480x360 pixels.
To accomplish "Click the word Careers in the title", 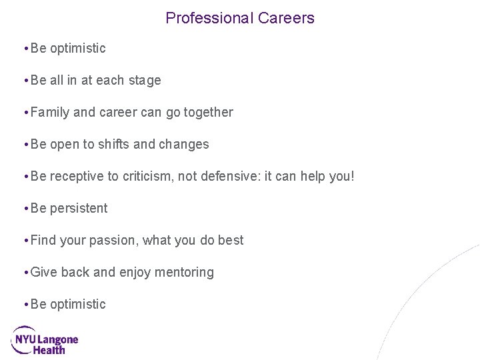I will (285, 18).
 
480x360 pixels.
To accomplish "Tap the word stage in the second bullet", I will (145, 81).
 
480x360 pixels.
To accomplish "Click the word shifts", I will (114, 144).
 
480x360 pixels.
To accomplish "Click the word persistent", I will (79, 208).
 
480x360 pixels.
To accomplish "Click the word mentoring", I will (186, 272).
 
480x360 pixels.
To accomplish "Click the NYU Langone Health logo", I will (45, 340).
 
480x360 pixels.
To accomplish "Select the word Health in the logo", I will (49, 349).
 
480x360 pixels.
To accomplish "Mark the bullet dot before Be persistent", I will (25, 208).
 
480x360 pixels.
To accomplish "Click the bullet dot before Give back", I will (25, 272).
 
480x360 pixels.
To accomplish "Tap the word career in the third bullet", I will (119, 113).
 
